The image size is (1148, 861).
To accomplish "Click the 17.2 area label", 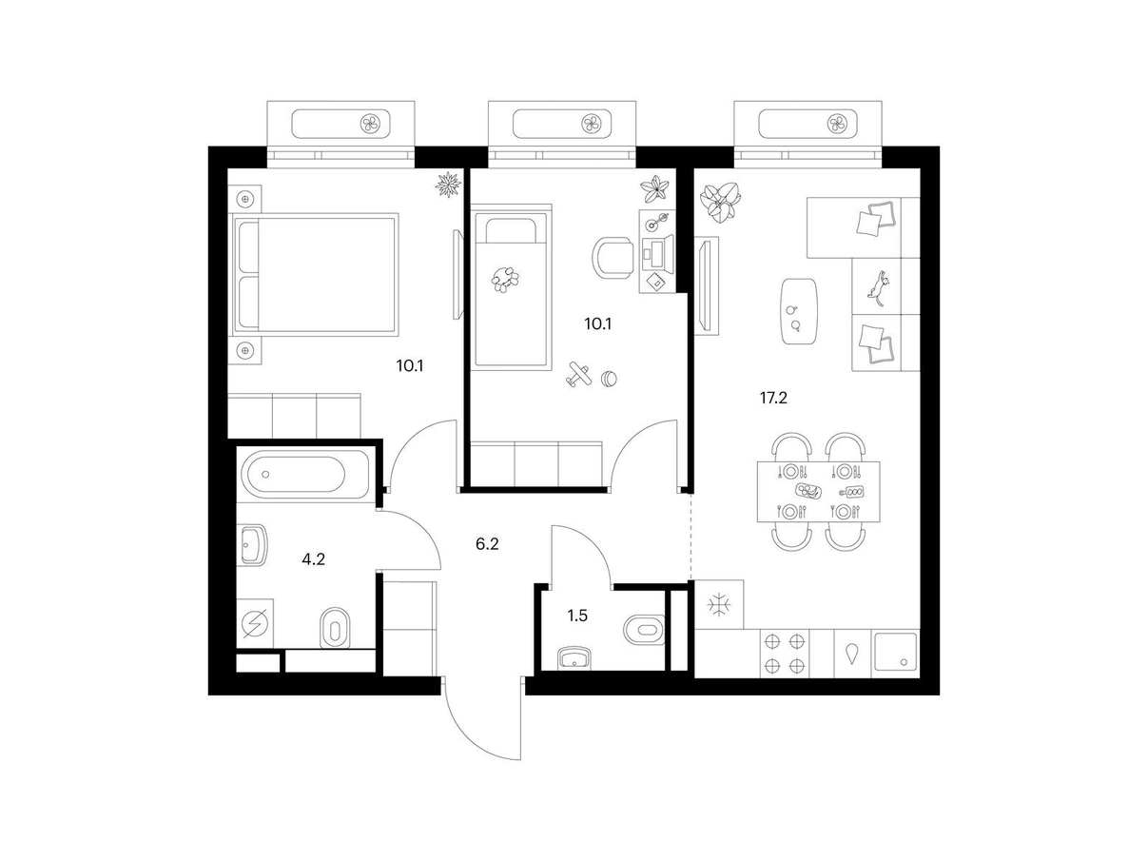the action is click(773, 399).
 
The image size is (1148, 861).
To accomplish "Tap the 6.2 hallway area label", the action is click(487, 544).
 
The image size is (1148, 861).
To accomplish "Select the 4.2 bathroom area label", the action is click(313, 559).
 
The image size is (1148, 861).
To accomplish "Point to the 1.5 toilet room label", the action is click(577, 616).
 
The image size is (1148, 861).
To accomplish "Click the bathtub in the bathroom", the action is click(305, 474).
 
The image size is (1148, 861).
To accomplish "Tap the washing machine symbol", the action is click(255, 623).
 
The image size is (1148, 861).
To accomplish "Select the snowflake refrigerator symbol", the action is click(719, 605).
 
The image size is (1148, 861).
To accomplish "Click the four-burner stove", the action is click(785, 654).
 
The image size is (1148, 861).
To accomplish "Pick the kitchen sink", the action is click(895, 653).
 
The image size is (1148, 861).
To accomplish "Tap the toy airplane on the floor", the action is click(578, 375).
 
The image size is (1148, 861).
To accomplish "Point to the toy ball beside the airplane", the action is click(609, 379).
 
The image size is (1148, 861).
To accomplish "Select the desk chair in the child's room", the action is click(612, 257).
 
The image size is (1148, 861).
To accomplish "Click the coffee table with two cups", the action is click(798, 311).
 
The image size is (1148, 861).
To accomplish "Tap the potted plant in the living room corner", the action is click(720, 203).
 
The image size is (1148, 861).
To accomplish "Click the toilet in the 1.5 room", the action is click(644, 629).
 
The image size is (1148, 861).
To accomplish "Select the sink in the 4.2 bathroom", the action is click(254, 545).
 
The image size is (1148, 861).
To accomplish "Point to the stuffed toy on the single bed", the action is click(505, 279).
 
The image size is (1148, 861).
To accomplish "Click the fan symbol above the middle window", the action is click(592, 124).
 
